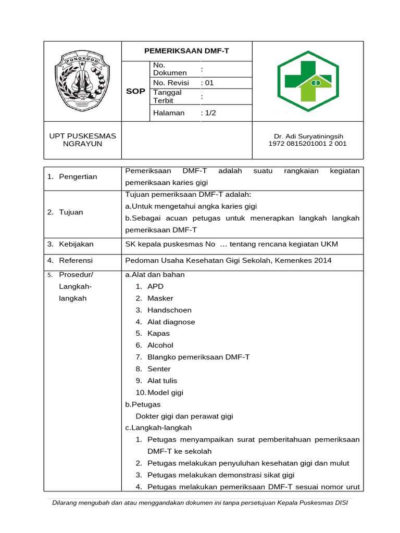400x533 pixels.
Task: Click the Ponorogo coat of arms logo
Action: [x=82, y=81]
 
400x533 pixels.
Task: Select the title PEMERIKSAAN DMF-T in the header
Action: [x=186, y=51]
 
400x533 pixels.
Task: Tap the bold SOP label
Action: [x=135, y=91]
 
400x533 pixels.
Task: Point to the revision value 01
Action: [x=209, y=82]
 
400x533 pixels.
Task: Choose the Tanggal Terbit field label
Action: [x=167, y=96]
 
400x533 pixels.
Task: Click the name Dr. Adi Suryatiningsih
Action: [x=307, y=136]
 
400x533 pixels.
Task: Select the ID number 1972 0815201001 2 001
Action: [x=307, y=144]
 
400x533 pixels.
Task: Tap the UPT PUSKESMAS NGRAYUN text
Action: [x=82, y=139]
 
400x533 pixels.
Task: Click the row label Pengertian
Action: [x=78, y=176]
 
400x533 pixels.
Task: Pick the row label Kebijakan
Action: [x=76, y=244]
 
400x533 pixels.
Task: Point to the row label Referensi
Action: [x=76, y=260]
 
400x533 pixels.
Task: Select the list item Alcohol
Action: [x=160, y=345]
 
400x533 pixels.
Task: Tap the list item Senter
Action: [x=159, y=369]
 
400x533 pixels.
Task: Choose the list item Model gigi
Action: [x=165, y=392]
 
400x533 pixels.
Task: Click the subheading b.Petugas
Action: [x=143, y=404]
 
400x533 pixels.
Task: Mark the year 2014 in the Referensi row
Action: [x=322, y=260]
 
